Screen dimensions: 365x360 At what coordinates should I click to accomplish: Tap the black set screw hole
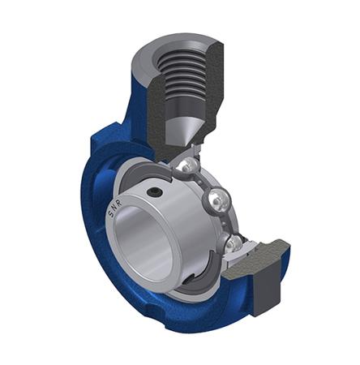pos(154,193)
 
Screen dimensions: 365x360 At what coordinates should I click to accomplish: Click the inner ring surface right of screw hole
pos(182,211)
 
